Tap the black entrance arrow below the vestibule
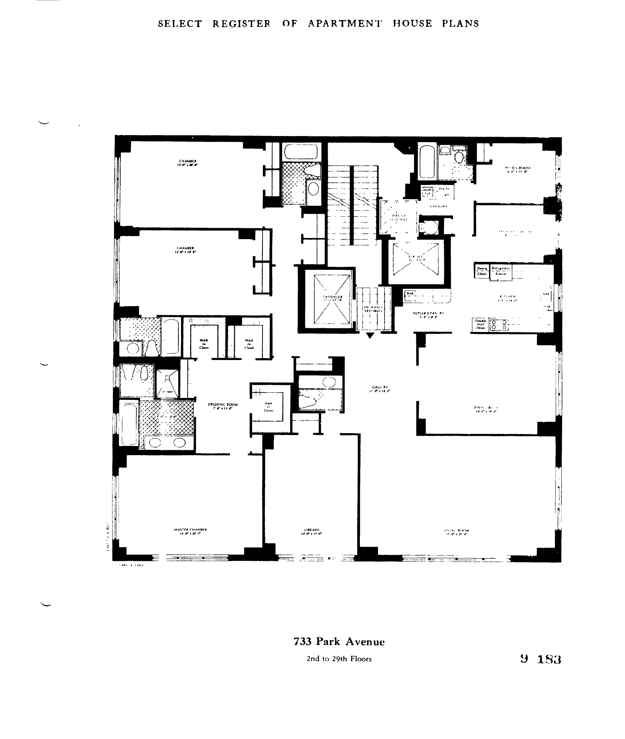(x=370, y=335)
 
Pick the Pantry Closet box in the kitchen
(x=482, y=271)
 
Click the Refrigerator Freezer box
(x=501, y=272)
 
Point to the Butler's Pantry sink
(x=410, y=296)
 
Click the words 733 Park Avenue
(x=339, y=642)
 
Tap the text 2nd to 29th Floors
(x=339, y=659)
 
